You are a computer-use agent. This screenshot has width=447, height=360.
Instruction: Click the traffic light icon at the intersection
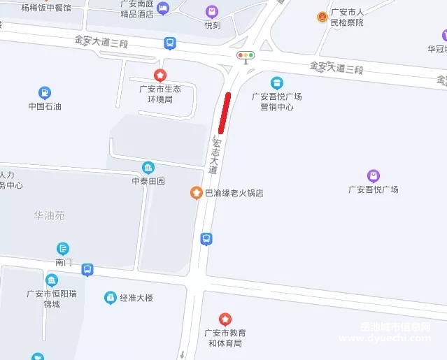pos(246,55)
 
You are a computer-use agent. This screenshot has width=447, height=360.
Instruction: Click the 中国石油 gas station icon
pos(45,92)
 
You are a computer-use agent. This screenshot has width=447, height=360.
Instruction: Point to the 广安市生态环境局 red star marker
pos(160,75)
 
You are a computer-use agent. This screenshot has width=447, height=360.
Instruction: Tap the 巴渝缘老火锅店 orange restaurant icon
pos(197,192)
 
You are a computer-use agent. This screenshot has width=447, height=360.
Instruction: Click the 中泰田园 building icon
pos(148,168)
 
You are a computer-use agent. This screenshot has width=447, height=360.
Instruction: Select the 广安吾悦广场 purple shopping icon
pos(374,175)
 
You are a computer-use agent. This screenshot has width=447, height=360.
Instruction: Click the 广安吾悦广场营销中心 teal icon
pos(277,83)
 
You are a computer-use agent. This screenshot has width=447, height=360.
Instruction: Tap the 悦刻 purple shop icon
pos(212,12)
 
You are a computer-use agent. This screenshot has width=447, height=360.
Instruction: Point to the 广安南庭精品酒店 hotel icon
pos(163,8)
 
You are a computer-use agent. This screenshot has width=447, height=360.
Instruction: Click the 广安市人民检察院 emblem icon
pos(322,16)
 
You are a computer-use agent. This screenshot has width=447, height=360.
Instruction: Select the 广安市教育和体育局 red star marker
pos(225,319)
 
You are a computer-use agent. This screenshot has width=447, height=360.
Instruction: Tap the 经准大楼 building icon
pos(110,298)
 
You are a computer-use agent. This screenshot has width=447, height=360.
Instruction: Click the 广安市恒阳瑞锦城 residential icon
pos(52,280)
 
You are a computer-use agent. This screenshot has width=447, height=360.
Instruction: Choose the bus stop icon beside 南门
pos(87,269)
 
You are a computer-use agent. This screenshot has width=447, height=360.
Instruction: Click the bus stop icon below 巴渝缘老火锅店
pos(206,239)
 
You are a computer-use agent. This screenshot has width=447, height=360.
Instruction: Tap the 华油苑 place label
pos(50,216)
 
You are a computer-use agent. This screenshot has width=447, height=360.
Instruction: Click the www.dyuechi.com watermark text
pos(385,338)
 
